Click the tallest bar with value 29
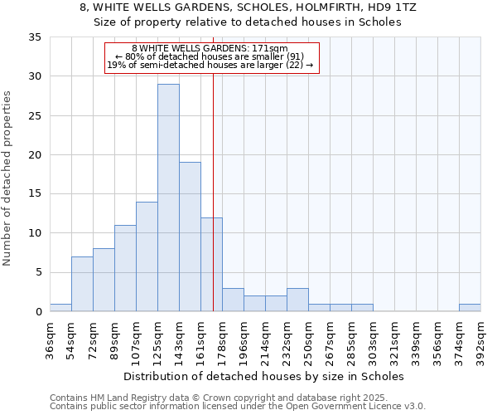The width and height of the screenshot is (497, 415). pyautogui.click(x=168, y=198)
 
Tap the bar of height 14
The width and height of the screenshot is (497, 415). pyautogui.click(x=147, y=256)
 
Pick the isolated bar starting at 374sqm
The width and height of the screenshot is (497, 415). pyautogui.click(x=470, y=307)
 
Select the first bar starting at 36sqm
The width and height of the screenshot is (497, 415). pyautogui.click(x=60, y=307)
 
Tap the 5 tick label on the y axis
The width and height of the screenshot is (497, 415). pyautogui.click(x=38, y=273)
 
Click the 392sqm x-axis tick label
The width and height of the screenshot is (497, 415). pyautogui.click(x=482, y=339)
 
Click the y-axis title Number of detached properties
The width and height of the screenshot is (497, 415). pyautogui.click(x=8, y=178)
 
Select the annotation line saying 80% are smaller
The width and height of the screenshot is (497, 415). pyautogui.click(x=210, y=56)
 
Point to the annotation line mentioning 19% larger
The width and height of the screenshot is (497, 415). pyautogui.click(x=210, y=65)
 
